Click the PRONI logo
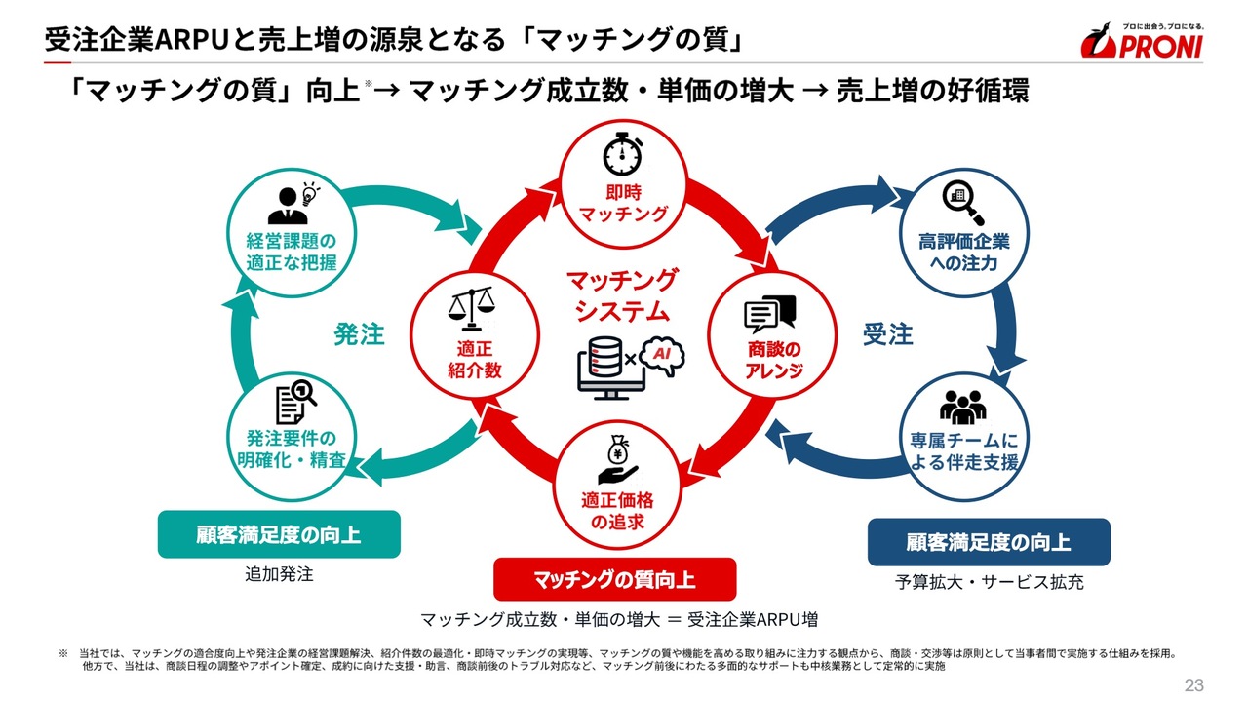[1142, 40]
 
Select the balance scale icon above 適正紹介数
[470, 310]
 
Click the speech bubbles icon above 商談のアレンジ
[770, 314]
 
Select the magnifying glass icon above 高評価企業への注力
[963, 201]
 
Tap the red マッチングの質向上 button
[614, 580]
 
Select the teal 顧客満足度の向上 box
[279, 534]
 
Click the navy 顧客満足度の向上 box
[989, 542]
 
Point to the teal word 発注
[360, 334]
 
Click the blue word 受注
[887, 334]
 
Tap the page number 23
[1194, 683]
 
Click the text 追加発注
[279, 574]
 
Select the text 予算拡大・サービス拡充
[989, 582]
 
